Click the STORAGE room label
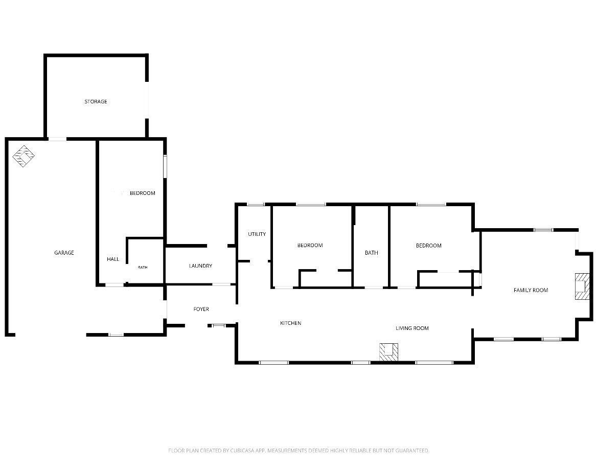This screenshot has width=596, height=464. [x=96, y=101]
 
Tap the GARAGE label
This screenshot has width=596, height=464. [x=64, y=253]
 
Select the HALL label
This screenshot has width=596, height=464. [x=113, y=259]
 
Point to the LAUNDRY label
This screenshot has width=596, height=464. [x=201, y=266]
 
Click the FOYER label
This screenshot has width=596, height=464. [x=201, y=309]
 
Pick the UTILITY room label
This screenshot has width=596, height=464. [x=257, y=234]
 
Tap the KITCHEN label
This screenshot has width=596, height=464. [x=291, y=323]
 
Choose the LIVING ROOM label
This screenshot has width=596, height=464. [x=412, y=328]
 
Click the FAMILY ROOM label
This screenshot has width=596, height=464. [x=531, y=290]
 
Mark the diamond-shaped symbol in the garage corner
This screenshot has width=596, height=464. [x=24, y=156]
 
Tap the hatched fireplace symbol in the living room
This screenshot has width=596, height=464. [x=389, y=352]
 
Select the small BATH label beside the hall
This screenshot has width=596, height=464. [x=143, y=268]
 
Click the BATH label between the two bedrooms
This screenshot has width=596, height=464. [x=372, y=253]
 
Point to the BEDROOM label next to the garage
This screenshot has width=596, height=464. [x=143, y=193]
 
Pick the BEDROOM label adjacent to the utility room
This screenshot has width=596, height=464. [x=310, y=246]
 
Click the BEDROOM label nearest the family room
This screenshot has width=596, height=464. [x=429, y=246]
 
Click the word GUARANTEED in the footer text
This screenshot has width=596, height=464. [x=412, y=451]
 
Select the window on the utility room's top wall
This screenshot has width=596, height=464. [x=256, y=205]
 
